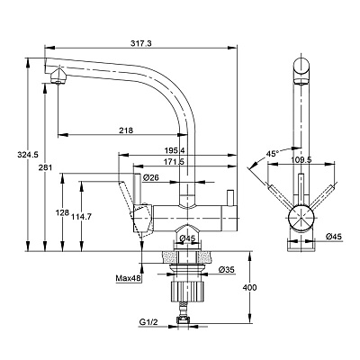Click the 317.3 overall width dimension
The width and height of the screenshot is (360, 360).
140,43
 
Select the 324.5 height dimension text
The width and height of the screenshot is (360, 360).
28,155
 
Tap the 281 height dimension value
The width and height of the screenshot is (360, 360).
45,167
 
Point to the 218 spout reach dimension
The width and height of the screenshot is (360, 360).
126,130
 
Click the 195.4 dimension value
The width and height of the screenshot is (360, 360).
175,150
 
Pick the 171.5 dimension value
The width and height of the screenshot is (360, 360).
175,162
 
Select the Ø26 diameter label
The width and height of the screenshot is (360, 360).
150,177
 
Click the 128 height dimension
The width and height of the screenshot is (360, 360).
61,212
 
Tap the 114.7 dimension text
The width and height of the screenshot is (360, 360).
81,217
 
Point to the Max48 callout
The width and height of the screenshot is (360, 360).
129,278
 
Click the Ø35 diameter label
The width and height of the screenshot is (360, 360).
227,270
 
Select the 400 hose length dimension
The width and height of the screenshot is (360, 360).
249,287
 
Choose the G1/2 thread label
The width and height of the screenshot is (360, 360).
148,322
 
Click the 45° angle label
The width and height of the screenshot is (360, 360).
272,154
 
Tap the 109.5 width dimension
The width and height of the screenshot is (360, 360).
301,159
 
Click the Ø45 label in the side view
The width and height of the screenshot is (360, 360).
334,237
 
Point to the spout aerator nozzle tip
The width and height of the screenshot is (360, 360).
58,82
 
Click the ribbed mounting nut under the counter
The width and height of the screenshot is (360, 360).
187,292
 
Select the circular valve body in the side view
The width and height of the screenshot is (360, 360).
301,219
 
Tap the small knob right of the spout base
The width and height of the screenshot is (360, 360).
230,198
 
